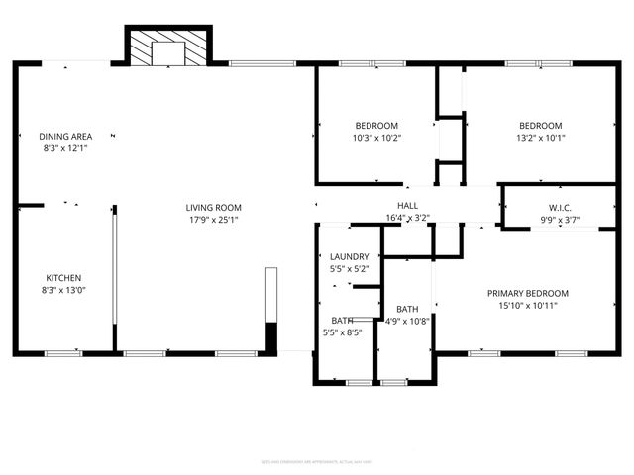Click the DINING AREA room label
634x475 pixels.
[64, 137]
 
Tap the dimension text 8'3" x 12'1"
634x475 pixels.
[64, 148]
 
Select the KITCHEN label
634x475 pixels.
[63, 278]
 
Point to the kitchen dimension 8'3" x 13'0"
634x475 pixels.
[63, 291]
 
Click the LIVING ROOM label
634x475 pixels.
[213, 208]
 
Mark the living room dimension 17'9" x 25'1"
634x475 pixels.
[213, 220]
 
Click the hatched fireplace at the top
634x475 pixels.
[167, 47]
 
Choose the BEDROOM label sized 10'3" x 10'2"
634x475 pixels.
[376, 126]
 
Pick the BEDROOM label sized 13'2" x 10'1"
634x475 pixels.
[541, 126]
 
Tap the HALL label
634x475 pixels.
[407, 205]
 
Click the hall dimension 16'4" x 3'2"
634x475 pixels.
[407, 217]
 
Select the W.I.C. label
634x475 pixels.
[561, 208]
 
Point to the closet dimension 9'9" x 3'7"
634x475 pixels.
[561, 220]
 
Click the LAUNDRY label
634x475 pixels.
[349, 257]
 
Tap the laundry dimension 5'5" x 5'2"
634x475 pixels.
[349, 269]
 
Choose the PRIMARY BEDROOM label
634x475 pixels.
[527, 294]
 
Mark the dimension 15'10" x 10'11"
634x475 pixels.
[527, 306]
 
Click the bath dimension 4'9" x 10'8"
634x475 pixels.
[407, 322]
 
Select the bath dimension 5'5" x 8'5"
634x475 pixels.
[344, 333]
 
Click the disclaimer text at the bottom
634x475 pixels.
[316, 460]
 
